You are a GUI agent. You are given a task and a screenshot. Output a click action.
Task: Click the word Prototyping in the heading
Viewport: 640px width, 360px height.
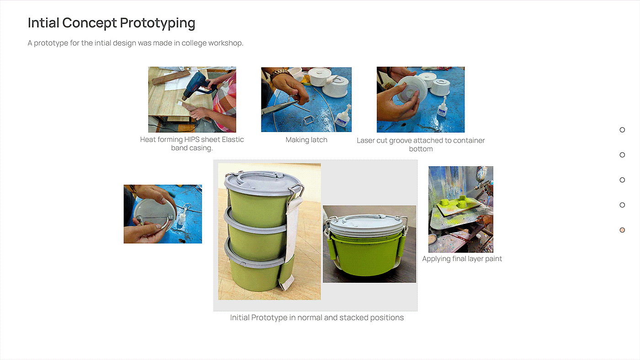(x=157, y=23)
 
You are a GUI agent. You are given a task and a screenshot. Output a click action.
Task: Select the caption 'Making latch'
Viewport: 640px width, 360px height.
(x=306, y=140)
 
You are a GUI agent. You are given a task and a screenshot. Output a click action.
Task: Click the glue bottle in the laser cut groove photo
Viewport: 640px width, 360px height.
(x=442, y=107)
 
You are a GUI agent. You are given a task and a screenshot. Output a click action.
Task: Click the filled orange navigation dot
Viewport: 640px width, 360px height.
(x=622, y=230)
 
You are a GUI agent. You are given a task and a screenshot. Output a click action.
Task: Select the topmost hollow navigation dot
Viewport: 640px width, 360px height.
(x=622, y=130)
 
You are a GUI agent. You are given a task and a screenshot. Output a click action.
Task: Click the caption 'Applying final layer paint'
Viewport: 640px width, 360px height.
(x=462, y=259)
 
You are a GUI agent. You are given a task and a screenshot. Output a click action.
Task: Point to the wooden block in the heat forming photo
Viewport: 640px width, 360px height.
(x=171, y=77)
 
